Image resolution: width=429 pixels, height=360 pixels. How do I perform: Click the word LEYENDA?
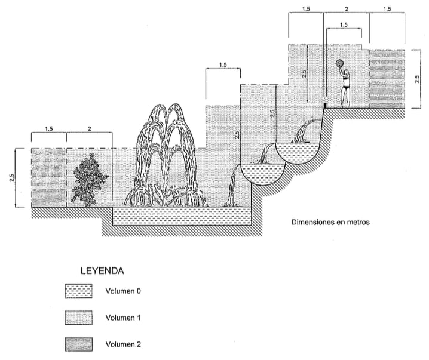click(x=102, y=271)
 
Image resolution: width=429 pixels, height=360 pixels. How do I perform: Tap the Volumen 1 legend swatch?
click(x=79, y=318)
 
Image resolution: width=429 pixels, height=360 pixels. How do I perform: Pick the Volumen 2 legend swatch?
click(x=79, y=344)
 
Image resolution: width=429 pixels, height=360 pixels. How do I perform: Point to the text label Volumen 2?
click(x=123, y=344)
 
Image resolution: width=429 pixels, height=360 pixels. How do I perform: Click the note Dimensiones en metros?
click(x=330, y=223)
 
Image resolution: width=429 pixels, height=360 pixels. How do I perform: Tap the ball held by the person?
click(x=339, y=63)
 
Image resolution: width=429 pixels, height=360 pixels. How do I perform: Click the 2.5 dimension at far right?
click(x=417, y=79)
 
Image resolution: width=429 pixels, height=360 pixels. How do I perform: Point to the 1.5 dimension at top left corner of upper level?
click(x=305, y=8)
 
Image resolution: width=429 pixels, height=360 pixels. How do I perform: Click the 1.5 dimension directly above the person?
click(x=344, y=24)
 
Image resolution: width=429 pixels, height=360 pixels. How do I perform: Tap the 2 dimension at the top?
click(x=347, y=8)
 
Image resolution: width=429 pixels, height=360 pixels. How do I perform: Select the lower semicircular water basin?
click(x=258, y=175)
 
